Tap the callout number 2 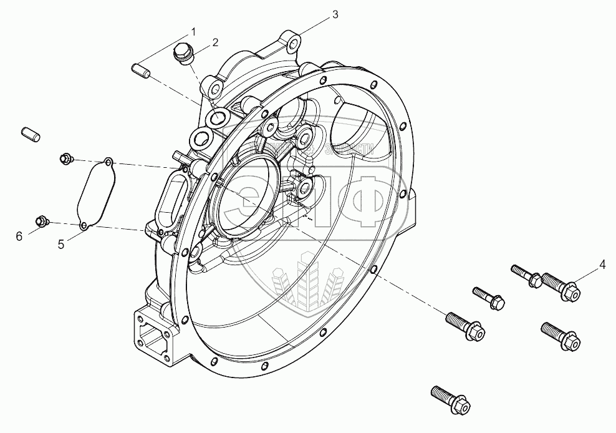[x=215, y=42]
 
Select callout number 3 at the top [x=335, y=15]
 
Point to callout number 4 [x=602, y=264]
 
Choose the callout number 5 [x=61, y=245]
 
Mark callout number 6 [x=19, y=235]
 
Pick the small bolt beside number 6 [x=42, y=221]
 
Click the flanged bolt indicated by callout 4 [x=561, y=286]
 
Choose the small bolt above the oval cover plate [x=65, y=158]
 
